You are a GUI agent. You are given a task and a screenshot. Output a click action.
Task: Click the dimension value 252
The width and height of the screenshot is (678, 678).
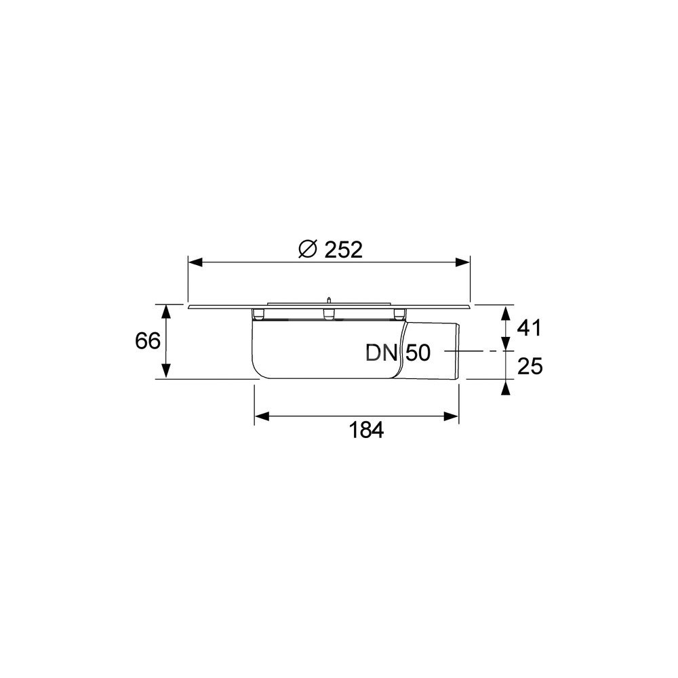point(343,250)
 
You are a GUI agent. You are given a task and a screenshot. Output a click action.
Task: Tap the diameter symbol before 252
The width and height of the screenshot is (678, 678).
point(308,250)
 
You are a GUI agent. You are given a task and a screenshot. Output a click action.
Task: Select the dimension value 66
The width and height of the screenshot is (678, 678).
point(148,341)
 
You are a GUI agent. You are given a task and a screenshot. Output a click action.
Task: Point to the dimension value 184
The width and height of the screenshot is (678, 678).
point(366,431)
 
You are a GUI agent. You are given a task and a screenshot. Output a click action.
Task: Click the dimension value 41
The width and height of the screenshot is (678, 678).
point(530,328)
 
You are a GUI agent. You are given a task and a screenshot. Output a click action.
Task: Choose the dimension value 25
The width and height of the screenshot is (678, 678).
point(530,367)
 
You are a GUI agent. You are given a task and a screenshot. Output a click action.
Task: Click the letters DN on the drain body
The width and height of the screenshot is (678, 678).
point(381,353)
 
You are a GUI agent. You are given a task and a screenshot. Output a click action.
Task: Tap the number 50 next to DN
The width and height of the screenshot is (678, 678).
point(418,353)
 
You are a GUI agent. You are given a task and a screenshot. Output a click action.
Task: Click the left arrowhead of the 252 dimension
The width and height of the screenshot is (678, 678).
point(196,262)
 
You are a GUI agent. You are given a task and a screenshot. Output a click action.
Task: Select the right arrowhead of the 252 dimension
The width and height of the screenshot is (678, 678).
point(462,262)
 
